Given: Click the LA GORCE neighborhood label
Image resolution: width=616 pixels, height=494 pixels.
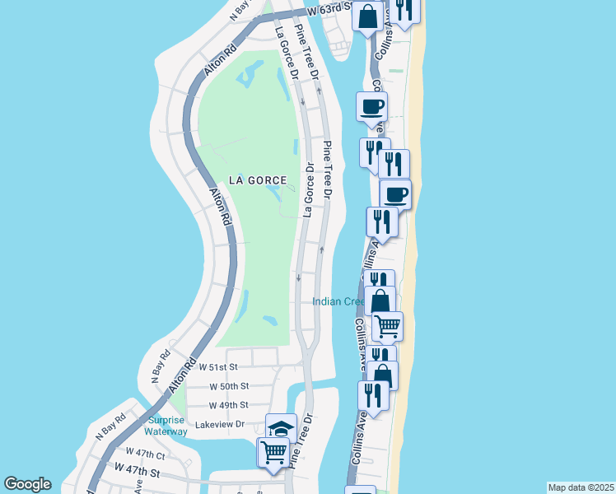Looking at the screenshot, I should pyautogui.click(x=258, y=180).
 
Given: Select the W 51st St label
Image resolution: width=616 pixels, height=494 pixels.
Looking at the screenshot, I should pyautogui.click(x=218, y=366).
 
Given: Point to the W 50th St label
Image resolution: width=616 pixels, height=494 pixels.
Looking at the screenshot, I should pyautogui.click(x=229, y=386).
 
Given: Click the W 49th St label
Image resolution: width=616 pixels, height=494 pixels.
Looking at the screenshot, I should pyautogui.click(x=228, y=405).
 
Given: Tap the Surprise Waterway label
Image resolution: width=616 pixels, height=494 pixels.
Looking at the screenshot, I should pyautogui.click(x=166, y=425).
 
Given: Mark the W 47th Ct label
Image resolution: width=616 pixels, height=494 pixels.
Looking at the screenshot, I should pyautogui.click(x=146, y=453).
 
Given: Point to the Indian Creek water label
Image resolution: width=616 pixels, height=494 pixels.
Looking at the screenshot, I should pyautogui.click(x=338, y=301).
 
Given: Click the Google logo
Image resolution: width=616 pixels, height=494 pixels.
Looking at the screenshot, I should pyautogui.click(x=27, y=484).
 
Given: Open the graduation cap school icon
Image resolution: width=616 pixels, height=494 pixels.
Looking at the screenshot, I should pyautogui.click(x=281, y=428).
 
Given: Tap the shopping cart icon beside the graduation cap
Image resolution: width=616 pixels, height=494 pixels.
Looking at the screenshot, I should pyautogui.click(x=273, y=451).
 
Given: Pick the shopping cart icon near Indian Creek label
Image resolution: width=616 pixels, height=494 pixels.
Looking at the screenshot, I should pyautogui.click(x=388, y=325).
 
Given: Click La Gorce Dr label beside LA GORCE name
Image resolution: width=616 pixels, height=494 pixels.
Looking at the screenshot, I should pyautogui.click(x=310, y=188).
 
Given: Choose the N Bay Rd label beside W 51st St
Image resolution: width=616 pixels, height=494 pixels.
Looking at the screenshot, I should pyautogui.click(x=158, y=367).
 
